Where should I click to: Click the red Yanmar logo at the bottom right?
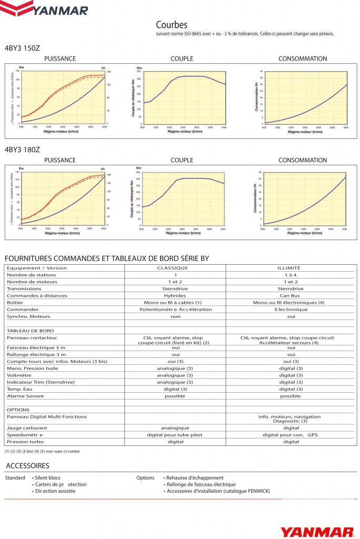pos(317,531)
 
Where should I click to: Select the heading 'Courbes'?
pos(172,25)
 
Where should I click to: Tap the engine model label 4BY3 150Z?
pos(22,48)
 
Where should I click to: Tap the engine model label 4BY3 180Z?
pos(22,149)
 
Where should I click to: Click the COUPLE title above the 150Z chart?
pos(182,59)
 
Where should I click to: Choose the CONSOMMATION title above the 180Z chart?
pos(303,160)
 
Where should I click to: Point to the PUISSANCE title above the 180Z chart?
pos(60,160)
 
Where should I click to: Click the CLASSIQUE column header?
pos(176,268)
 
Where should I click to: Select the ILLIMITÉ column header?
pos(291,268)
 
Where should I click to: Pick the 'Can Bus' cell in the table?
pos(291,295)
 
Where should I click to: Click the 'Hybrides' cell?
pos(176,295)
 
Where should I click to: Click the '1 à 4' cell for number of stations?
pos(291,275)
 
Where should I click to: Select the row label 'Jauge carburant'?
pos(25,428)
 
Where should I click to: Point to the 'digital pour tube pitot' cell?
pos(175,435)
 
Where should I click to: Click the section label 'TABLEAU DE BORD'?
pos(26,330)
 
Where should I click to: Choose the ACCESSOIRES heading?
pos(27,466)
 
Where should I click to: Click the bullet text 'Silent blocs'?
pos(47,477)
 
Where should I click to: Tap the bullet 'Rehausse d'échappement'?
pos(195,477)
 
